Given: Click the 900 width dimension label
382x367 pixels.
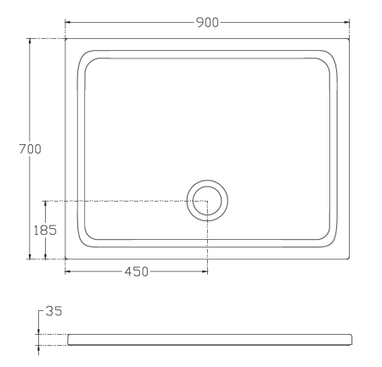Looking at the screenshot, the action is [x=207, y=22].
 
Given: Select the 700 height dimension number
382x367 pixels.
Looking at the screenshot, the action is [x=30, y=149].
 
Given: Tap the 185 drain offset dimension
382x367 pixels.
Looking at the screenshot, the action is [x=45, y=231].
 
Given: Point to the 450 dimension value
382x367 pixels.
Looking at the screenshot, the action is [x=137, y=271].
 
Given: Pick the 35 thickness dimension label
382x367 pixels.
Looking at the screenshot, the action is [x=53, y=311].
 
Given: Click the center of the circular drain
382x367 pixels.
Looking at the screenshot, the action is [x=207, y=201].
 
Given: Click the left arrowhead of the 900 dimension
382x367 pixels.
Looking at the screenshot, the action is [x=68, y=22].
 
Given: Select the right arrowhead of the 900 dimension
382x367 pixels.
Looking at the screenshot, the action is [x=346, y=22].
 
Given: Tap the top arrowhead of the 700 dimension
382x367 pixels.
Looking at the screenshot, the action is [x=30, y=42].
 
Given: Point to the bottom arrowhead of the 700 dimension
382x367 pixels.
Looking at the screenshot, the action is [x=30, y=256].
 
